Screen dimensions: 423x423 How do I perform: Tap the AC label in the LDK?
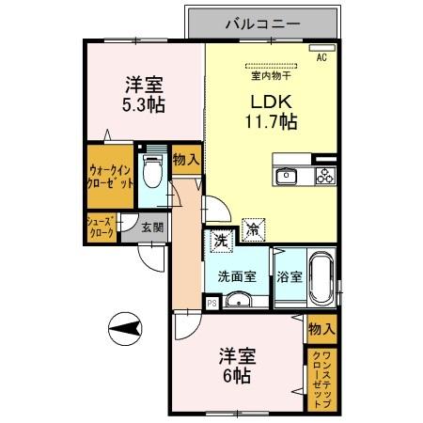tap(321, 58)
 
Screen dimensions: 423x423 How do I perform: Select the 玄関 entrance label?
tap(150, 227)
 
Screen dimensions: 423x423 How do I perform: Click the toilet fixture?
tap(151, 173)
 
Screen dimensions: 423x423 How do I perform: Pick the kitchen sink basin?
tap(287, 177)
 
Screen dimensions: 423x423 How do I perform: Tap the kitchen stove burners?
tap(324, 176)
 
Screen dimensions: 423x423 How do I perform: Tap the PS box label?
tap(211, 303)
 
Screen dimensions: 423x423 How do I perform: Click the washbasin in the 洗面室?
tap(240, 301)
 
